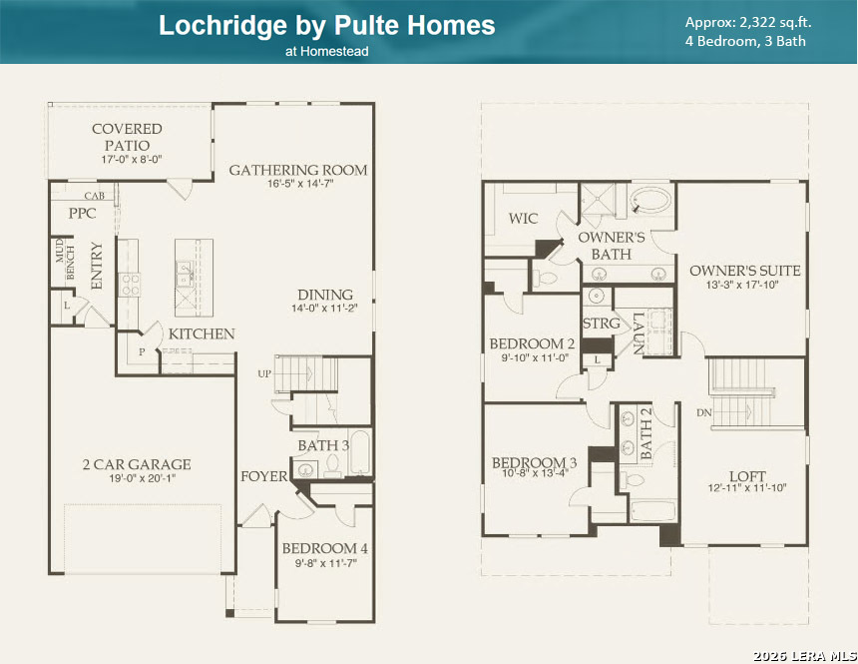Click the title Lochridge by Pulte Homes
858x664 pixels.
[x=326, y=26]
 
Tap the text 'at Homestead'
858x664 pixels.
[x=326, y=52]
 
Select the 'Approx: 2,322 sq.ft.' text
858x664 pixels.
[x=748, y=22]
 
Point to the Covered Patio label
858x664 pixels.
[x=127, y=137]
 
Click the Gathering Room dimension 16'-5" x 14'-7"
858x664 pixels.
[x=300, y=184]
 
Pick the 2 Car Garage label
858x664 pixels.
[x=137, y=464]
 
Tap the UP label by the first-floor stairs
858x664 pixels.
[x=264, y=373]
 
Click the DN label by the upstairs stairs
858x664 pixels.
[x=704, y=412]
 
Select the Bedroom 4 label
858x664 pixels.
[x=325, y=548]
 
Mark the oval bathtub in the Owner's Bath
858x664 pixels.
[x=650, y=202]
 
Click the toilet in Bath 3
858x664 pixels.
[x=332, y=465]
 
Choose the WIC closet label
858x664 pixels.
[x=523, y=219]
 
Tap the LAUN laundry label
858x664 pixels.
[x=639, y=333]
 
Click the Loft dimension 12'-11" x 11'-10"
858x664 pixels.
[x=747, y=487]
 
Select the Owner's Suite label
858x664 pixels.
[x=744, y=271]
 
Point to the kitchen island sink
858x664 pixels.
[x=184, y=274]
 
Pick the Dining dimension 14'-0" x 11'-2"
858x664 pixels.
[x=324, y=308]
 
